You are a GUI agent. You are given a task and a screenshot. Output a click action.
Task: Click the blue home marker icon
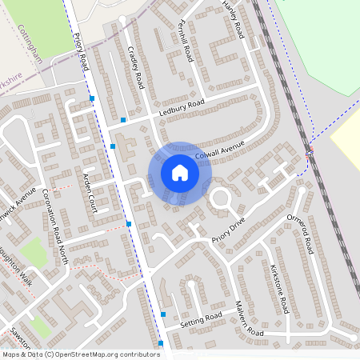(179, 172)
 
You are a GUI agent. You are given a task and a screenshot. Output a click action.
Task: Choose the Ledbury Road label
(182, 107)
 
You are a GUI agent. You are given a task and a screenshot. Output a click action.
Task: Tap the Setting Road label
(200, 321)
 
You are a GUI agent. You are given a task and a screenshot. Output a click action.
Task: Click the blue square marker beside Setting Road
(163, 314)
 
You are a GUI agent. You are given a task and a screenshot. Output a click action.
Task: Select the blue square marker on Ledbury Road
(123, 120)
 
